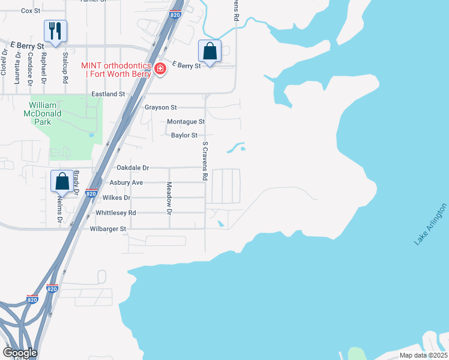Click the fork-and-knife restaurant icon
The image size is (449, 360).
coord(55,31)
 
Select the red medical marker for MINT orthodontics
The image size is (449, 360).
coord(160,68)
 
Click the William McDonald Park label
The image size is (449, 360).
coord(46,112)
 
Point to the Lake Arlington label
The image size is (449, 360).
coord(430,224)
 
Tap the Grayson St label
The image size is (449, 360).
coord(161,107)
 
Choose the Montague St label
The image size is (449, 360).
coord(185,122)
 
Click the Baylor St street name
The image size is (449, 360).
coord(184,136)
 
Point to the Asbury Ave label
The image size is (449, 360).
coord(126,183)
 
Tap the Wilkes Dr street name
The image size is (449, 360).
coord(116,197)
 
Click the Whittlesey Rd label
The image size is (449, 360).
coord(116,213)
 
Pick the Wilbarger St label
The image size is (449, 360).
coord(108,229)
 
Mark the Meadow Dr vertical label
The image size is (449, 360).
coord(169,199)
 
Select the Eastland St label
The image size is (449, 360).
coord(108,94)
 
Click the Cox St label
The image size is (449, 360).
coord(30,11)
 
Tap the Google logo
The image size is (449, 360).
coord(20,353)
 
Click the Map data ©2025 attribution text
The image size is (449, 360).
coord(423,355)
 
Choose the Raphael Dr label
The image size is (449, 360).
coord(43,66)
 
